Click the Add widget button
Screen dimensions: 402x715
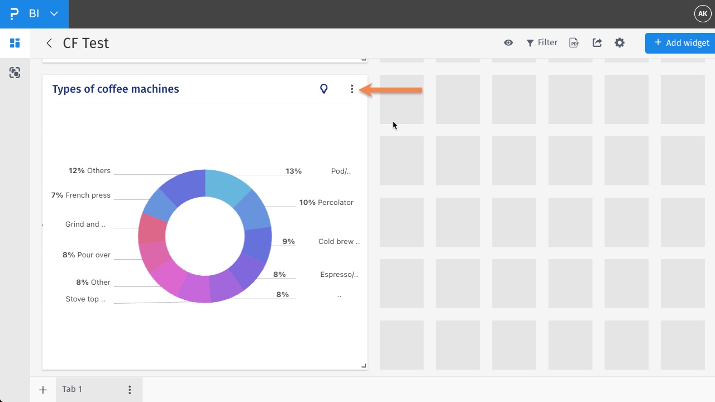tap(681, 43)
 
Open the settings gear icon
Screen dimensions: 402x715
tap(619, 43)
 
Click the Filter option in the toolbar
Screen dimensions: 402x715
tap(542, 43)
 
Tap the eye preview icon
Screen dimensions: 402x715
tap(508, 43)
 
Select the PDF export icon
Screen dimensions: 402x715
tap(574, 43)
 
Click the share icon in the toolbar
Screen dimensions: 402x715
tap(597, 43)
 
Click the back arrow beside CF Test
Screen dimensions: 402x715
tap(49, 44)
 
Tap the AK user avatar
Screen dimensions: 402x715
tap(702, 13)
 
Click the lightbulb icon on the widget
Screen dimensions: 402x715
tap(323, 89)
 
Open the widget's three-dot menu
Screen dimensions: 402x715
tap(352, 89)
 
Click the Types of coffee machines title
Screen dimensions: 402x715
tap(116, 89)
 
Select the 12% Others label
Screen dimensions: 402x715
tap(90, 171)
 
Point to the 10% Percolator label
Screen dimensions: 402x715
tap(326, 203)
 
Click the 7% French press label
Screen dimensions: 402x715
tap(81, 195)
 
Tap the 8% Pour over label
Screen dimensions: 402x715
tap(87, 255)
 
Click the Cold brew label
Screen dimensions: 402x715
tap(339, 242)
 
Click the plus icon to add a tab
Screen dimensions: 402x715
tap(43, 390)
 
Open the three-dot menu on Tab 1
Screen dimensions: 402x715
tap(130, 390)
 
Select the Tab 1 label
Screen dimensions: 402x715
tap(72, 389)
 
